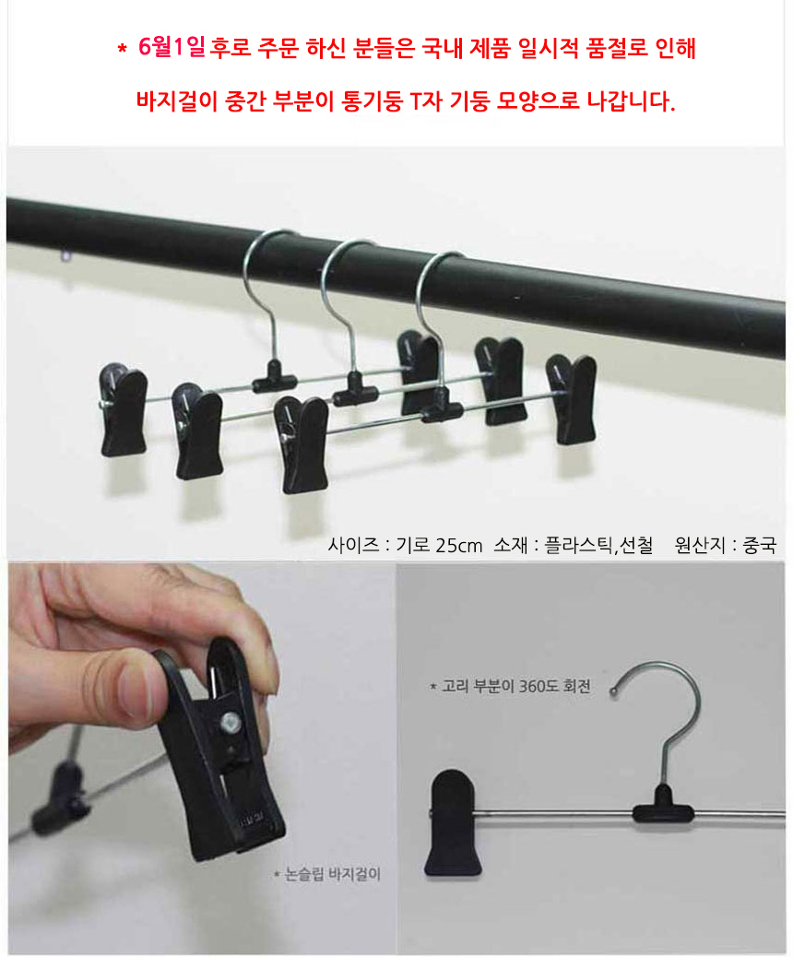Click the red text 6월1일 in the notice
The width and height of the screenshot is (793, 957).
tap(172, 49)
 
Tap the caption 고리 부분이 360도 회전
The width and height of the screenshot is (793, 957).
tap(509, 687)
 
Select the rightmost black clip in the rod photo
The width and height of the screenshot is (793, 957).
tap(571, 399)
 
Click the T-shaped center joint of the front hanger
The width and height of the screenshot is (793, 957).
tap(442, 406)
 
